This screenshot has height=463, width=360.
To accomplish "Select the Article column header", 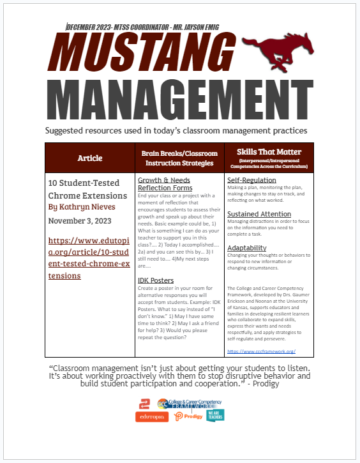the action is [x=89, y=158].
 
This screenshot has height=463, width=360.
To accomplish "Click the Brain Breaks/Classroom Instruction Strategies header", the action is [x=179, y=158].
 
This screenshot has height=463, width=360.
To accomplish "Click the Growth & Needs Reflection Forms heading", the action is [x=165, y=184].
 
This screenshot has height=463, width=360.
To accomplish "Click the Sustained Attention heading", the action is [x=259, y=214].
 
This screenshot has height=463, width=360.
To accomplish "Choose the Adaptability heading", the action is [x=247, y=248].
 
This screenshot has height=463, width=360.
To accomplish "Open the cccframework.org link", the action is [x=261, y=351].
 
